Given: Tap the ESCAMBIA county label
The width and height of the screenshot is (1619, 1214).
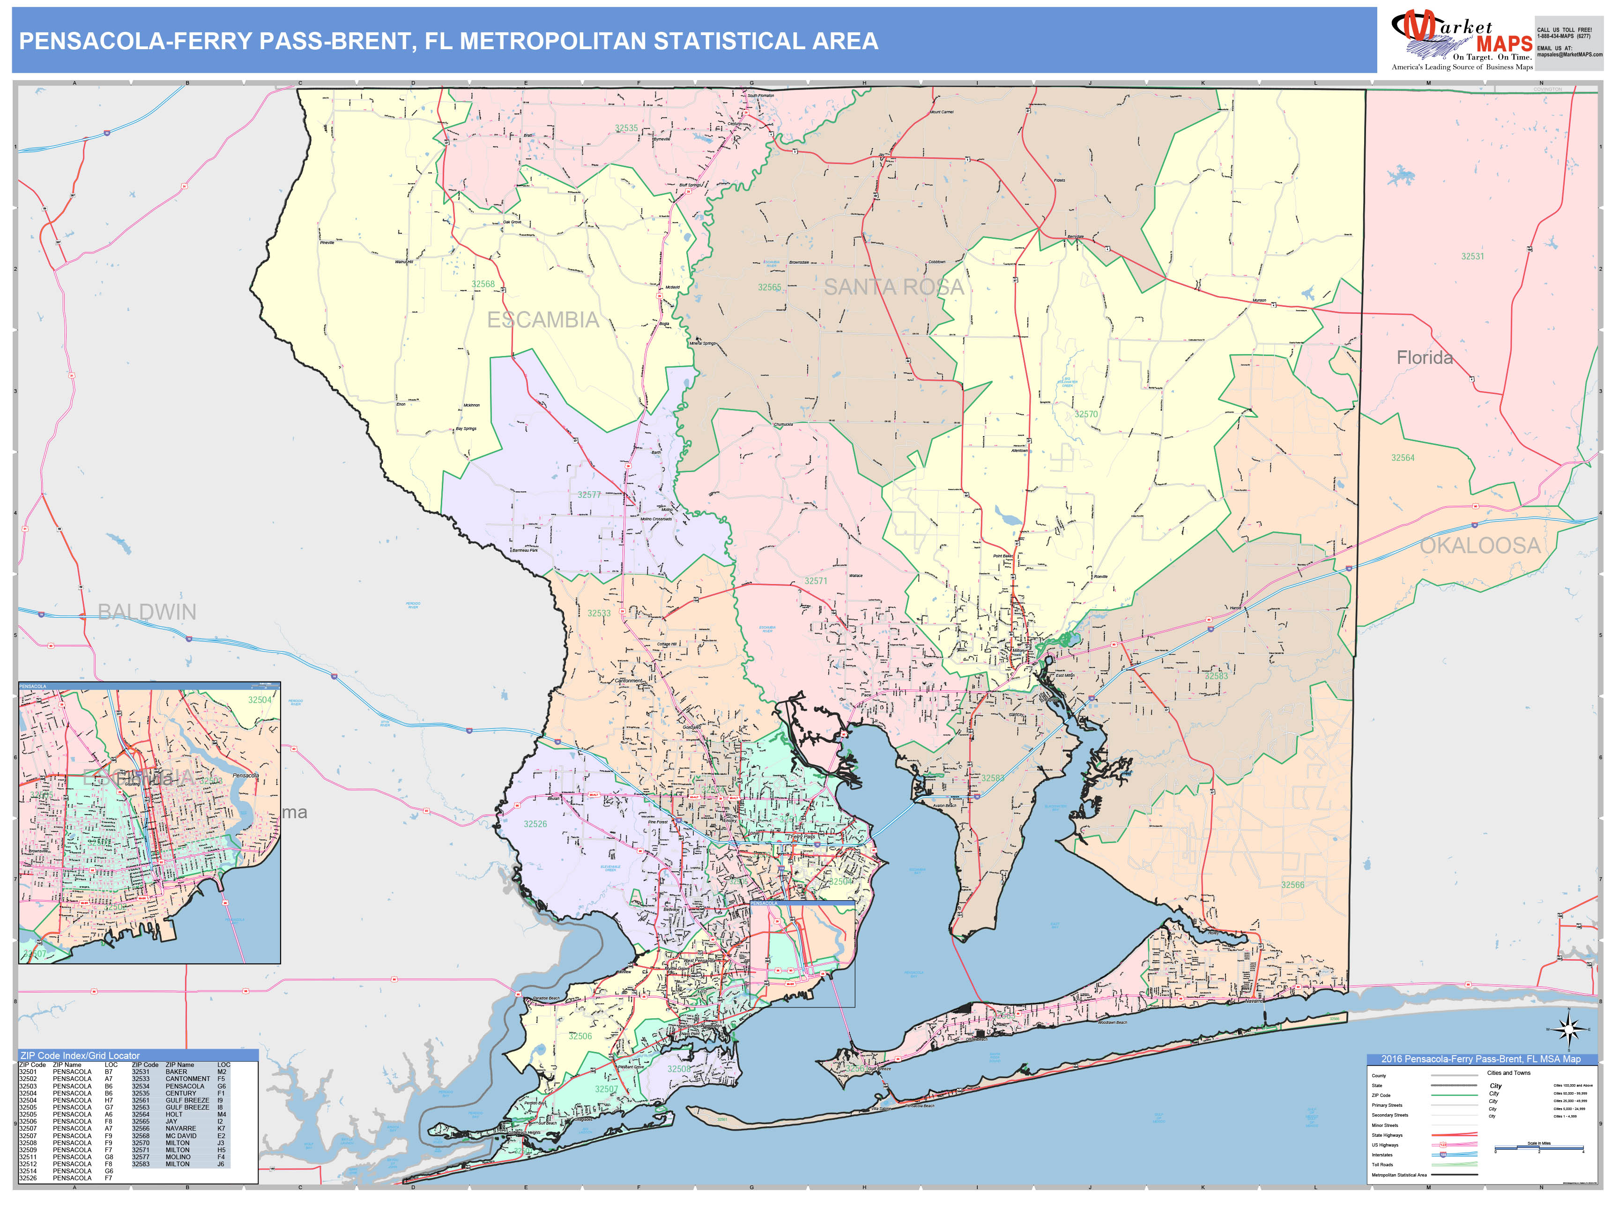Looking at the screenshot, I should [542, 320].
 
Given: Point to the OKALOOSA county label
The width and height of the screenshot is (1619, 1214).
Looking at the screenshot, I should [1480, 545].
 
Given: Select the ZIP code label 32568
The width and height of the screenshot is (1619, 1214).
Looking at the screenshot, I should [483, 284].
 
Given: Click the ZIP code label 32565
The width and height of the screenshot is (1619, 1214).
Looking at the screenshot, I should [769, 288].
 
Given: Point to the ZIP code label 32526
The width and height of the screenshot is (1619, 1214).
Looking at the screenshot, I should [535, 824].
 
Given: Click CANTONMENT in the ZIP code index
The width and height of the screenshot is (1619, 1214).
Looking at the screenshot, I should [187, 1079].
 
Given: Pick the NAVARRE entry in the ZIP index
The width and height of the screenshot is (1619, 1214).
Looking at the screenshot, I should [180, 1128].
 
